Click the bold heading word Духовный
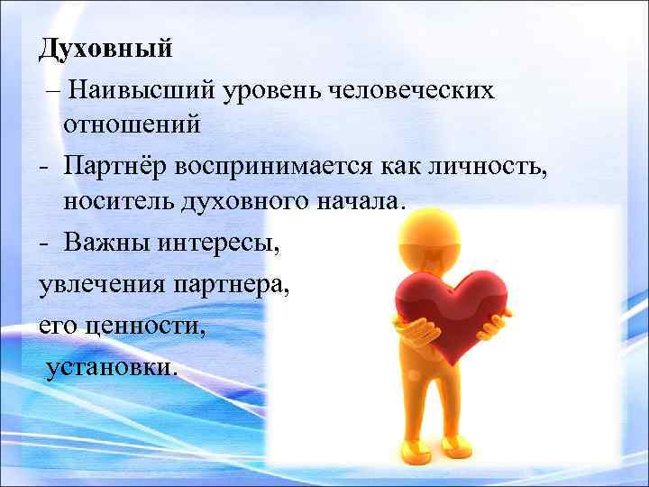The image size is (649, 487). point(105,49)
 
